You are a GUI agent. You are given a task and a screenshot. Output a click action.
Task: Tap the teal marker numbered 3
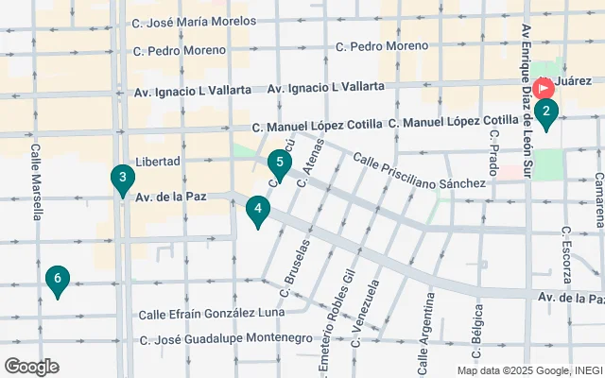pyautogui.click(x=122, y=179)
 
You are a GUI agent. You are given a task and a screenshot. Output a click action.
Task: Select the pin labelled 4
pyautogui.click(x=257, y=210)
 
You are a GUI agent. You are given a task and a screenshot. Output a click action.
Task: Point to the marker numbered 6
pyautogui.click(x=58, y=280)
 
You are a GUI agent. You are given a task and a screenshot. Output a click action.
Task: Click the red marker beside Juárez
pyautogui.click(x=544, y=89)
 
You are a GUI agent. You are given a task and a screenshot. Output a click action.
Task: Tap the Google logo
pyautogui.click(x=31, y=367)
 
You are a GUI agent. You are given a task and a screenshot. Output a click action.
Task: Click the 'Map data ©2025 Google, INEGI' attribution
pyautogui.click(x=530, y=370)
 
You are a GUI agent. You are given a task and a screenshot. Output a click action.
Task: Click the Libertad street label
pyautogui.click(x=158, y=162)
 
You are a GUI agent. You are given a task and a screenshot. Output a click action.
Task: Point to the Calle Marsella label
pyautogui.click(x=36, y=181)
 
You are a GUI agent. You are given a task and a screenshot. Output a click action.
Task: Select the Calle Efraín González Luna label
pyautogui.click(x=211, y=314)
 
